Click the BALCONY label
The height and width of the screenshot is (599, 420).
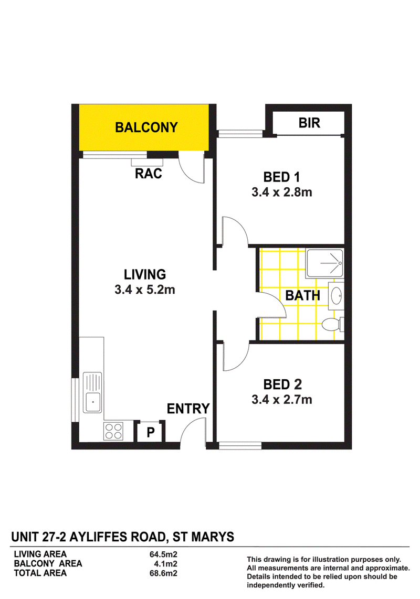146,127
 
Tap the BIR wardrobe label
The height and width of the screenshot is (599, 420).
309,123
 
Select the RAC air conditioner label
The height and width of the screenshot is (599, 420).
149,174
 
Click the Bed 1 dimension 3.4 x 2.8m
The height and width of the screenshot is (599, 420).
282,192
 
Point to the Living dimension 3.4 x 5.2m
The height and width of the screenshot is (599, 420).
145,290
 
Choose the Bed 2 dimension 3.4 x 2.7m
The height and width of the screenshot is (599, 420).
282,400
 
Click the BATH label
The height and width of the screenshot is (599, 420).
302,295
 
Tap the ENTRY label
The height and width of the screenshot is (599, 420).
188,409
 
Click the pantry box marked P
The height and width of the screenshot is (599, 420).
151,432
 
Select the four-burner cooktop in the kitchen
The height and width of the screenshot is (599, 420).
113,431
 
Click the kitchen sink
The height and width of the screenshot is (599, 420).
92,392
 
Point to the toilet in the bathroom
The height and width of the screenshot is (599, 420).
332,325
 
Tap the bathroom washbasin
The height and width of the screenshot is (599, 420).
336,296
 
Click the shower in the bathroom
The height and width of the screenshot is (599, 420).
324,263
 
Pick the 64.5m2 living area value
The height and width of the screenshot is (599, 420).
163,554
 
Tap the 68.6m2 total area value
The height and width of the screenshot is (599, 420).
163,573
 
